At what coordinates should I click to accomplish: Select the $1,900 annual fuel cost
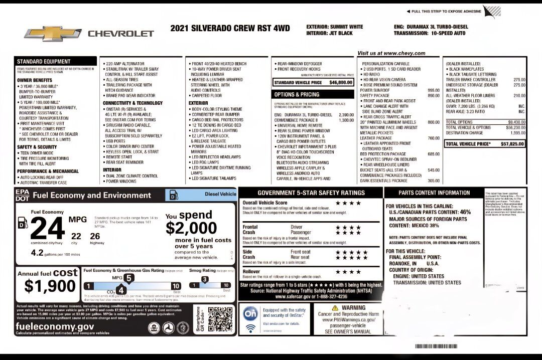(x=50, y=286)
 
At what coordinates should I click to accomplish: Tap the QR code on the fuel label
(x=218, y=320)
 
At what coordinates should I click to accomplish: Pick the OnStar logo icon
(x=250, y=313)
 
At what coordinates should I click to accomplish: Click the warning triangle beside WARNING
(x=336, y=307)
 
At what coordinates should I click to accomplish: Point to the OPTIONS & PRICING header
(x=296, y=94)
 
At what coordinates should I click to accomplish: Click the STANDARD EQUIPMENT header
(x=44, y=61)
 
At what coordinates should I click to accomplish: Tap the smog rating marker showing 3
(x=205, y=279)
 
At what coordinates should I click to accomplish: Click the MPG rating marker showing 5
(x=129, y=277)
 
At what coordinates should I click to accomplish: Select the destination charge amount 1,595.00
(x=517, y=133)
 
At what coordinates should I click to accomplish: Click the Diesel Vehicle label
(x=220, y=194)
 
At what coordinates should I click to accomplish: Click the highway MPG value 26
(x=95, y=235)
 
